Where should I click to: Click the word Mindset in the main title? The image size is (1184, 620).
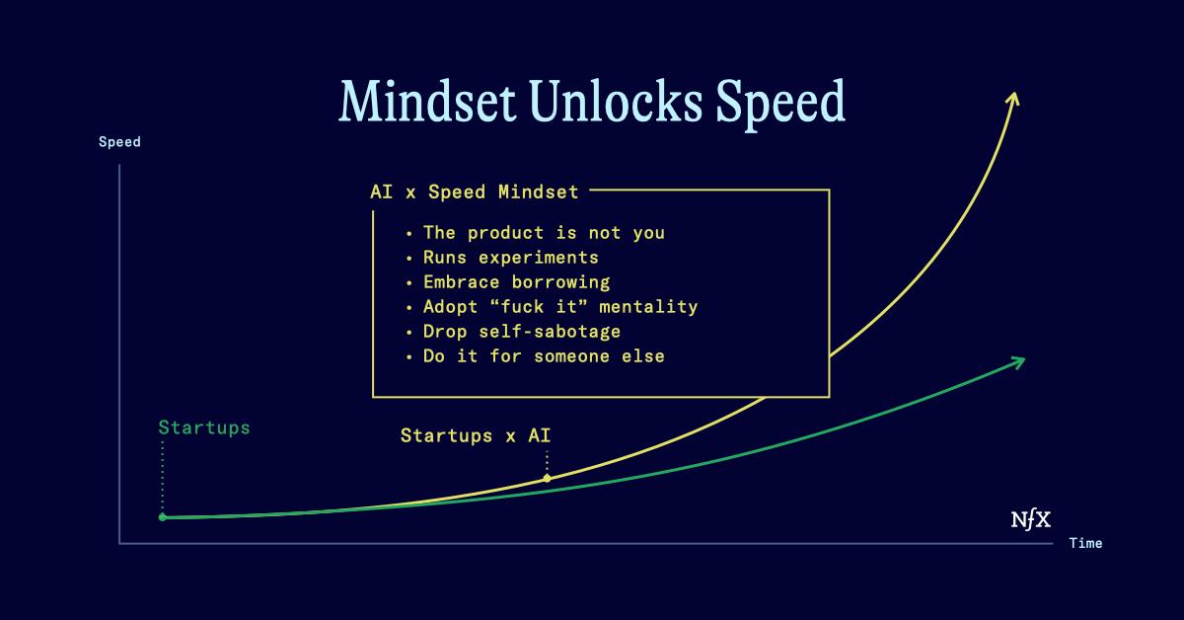(x=427, y=101)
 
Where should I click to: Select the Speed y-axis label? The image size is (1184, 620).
(x=119, y=142)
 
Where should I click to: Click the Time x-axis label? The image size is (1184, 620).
(x=1085, y=543)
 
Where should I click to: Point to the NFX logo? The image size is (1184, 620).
(x=1031, y=519)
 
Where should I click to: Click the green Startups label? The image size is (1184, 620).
(x=204, y=427)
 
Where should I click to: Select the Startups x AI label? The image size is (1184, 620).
(x=476, y=435)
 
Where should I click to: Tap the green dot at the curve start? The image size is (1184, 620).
(x=163, y=517)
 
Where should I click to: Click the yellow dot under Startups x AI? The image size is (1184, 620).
(x=547, y=478)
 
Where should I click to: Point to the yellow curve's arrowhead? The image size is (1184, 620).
(x=1013, y=99)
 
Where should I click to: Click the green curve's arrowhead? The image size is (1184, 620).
(x=1018, y=362)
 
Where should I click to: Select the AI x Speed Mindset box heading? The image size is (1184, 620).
(x=475, y=192)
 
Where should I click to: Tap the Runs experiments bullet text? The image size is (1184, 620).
(x=511, y=258)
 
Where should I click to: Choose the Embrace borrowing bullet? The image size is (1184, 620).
(x=516, y=282)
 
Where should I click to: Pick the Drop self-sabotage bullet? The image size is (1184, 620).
(x=522, y=332)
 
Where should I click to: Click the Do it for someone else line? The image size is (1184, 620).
(x=544, y=356)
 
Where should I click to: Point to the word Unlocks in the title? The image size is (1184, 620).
(x=616, y=101)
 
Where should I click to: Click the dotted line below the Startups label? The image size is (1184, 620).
(x=162, y=477)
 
